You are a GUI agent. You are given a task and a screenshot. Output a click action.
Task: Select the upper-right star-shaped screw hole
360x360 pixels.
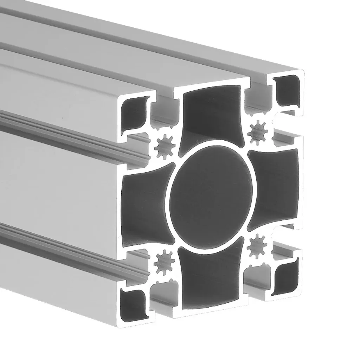pyautogui.click(x=258, y=133)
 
